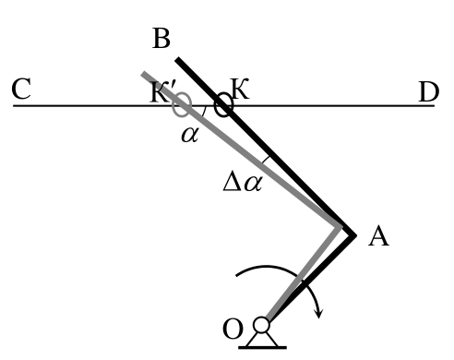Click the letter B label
[x=161, y=39]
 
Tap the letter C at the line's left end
[x=21, y=89]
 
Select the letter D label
[x=429, y=91]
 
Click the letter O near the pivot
[x=233, y=329]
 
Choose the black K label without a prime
[x=240, y=89]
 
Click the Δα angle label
[x=243, y=184]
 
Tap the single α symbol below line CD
[x=190, y=135]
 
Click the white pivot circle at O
[x=261, y=325]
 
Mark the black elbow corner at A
[x=354, y=235]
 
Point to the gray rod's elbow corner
[x=340, y=227]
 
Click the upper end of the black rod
[x=177, y=59]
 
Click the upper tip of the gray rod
[x=143, y=74]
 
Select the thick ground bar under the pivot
[x=262, y=348]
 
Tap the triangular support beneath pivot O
[x=262, y=339]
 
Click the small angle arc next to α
[x=204, y=111]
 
